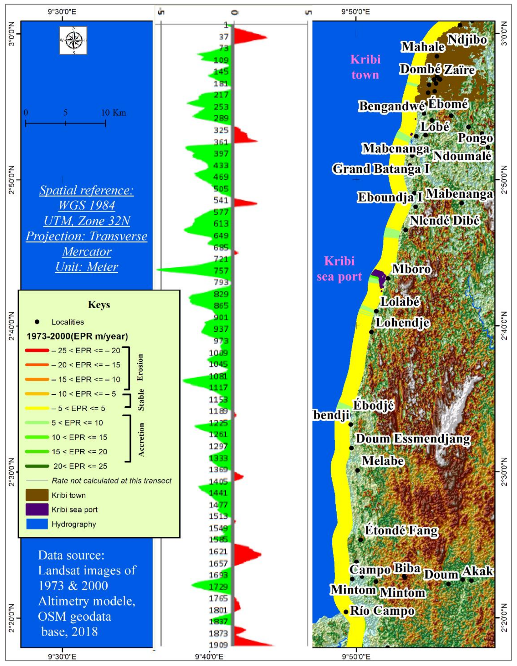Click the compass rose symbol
73,41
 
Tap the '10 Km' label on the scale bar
113,113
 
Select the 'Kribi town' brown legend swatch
37,495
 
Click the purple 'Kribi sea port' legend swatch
37,509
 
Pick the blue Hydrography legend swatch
37,524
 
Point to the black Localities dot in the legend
37,322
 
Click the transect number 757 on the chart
221,271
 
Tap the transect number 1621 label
218,551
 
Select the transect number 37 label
224,37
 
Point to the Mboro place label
411,269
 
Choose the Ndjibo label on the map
467,39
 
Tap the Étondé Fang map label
401,530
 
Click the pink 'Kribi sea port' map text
339,269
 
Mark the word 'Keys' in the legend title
99,304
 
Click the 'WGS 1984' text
87,205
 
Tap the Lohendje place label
403,322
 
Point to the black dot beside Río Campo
346,612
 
